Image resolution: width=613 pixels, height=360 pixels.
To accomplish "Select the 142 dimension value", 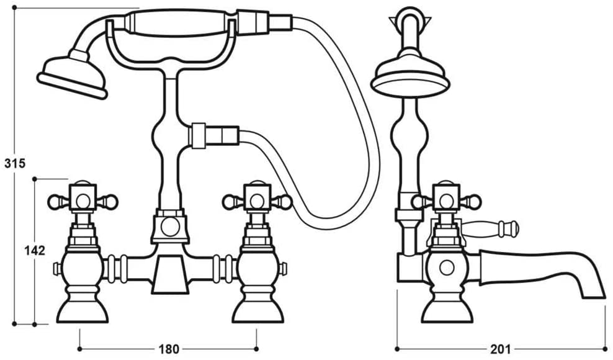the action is point(35,250).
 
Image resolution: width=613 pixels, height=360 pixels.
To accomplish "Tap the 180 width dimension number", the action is point(169,349).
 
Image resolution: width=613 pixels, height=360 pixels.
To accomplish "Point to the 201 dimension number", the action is point(501,349).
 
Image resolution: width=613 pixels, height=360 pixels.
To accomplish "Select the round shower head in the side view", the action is point(410,74).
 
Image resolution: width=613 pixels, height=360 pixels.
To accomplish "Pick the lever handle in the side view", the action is point(490,228).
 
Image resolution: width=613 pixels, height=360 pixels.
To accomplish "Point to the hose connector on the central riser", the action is point(213,136).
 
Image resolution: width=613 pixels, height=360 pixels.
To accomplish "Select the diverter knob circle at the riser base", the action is point(170,227).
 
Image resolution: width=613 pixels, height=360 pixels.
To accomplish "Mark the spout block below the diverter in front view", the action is point(170,274).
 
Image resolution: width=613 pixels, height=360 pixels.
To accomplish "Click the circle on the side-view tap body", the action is point(447,268).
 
